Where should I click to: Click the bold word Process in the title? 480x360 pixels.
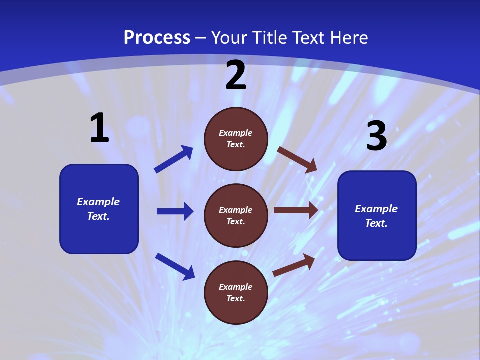[157, 38]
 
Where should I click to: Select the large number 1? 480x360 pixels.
[99, 128]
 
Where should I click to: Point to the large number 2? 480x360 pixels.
[236, 76]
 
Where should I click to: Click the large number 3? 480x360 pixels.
[377, 136]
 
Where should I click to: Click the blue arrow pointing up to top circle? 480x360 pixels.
[174, 159]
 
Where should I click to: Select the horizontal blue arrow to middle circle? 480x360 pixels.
[175, 211]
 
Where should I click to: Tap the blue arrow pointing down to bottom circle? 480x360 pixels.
[175, 266]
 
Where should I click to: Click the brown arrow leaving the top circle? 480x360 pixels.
[297, 159]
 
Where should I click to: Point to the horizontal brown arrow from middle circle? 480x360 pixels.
[296, 210]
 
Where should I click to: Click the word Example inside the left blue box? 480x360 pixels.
[98, 202]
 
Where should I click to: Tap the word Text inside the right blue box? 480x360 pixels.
[376, 223]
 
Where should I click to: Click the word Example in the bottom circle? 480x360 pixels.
[236, 287]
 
